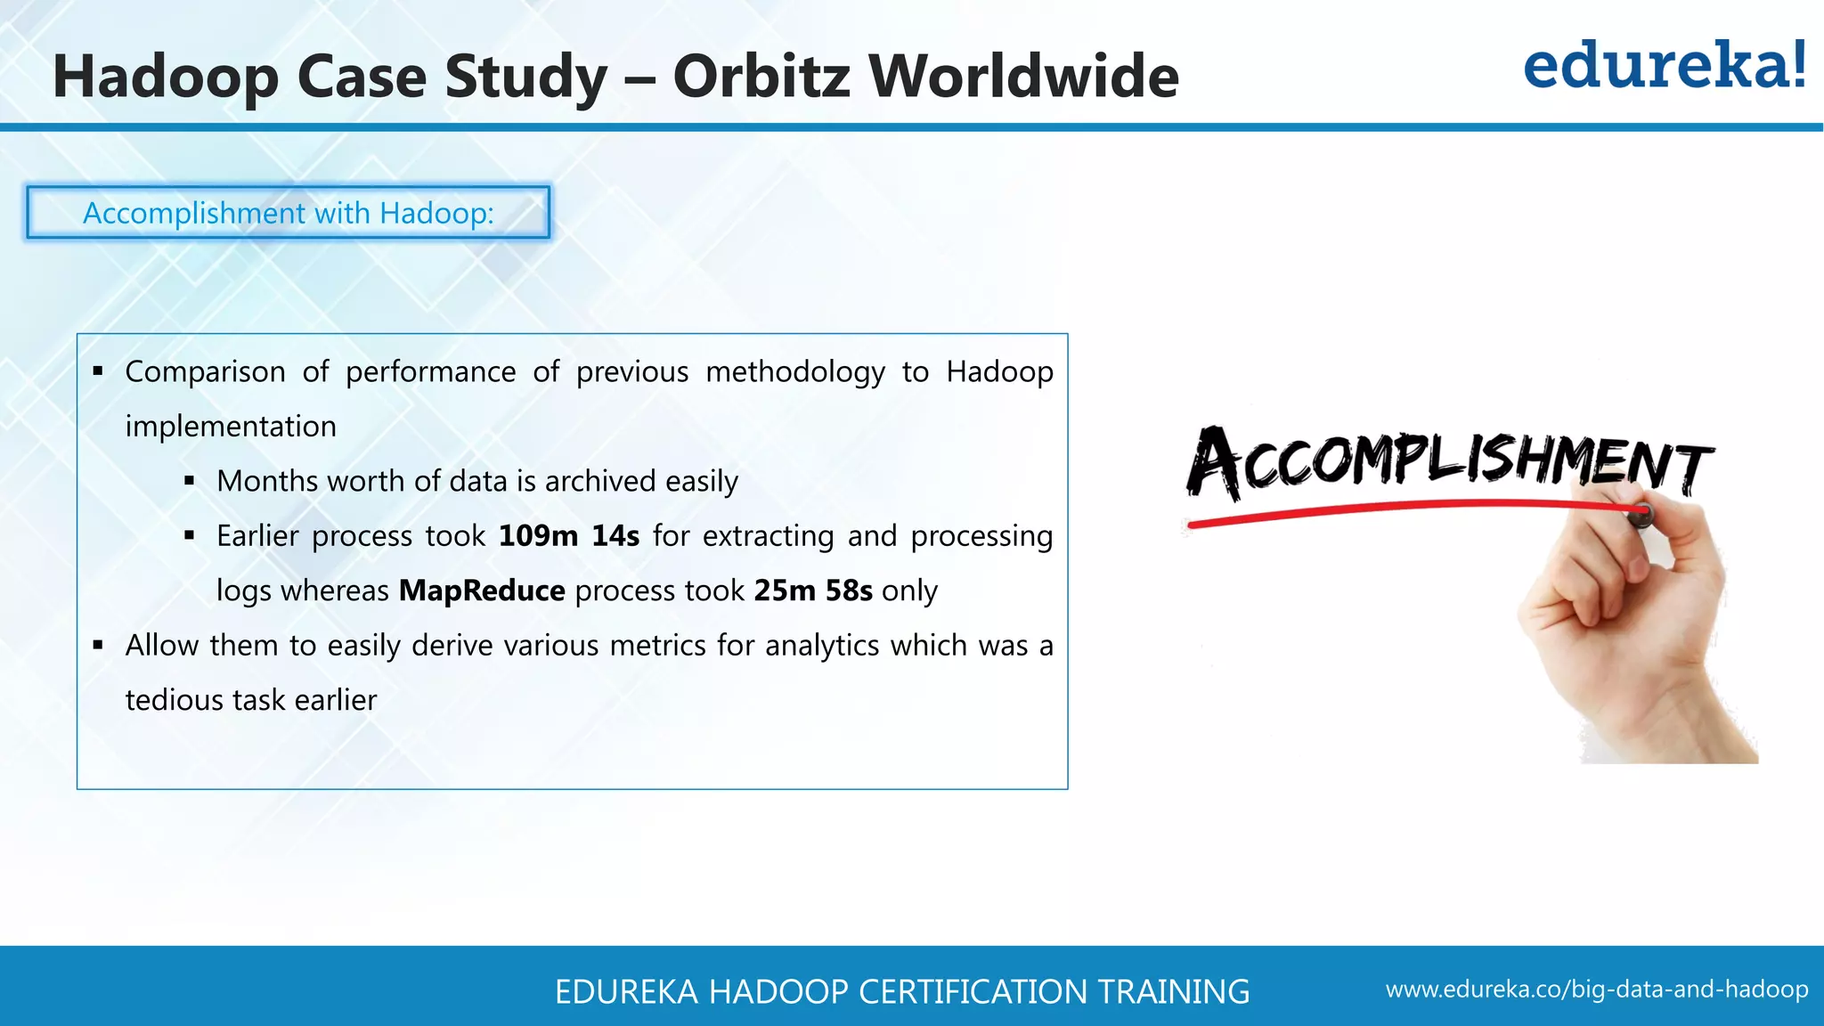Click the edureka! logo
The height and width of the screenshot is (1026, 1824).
1664,67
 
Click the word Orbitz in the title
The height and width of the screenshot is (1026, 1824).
762,77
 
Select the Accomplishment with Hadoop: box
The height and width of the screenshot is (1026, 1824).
288,213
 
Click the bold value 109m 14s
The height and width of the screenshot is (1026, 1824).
568,536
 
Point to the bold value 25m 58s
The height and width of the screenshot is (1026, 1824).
812,590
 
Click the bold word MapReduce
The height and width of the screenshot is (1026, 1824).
481,590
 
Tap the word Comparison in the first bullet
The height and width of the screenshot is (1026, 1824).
205,371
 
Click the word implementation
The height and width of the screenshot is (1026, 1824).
230,427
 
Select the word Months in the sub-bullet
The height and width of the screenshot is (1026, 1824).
267,481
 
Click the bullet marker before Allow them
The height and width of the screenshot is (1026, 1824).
98,645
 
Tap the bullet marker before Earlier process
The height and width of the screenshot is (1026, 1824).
189,536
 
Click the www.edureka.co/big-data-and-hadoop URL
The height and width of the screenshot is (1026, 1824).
1596,989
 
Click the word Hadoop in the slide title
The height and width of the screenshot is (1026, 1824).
165,77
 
